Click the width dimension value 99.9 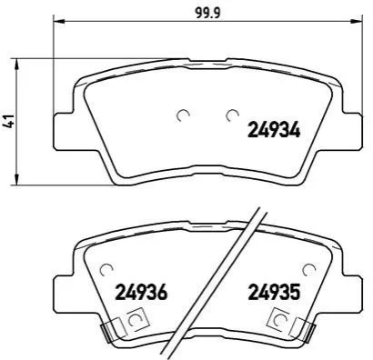point(207,14)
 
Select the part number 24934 point(274,131)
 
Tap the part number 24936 point(141,292)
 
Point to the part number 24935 point(274,292)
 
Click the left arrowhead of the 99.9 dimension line point(59,21)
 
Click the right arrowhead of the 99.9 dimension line point(355,21)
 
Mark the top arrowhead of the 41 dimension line point(17,65)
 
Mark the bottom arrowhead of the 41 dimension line point(17,179)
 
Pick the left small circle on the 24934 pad point(183,115)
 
